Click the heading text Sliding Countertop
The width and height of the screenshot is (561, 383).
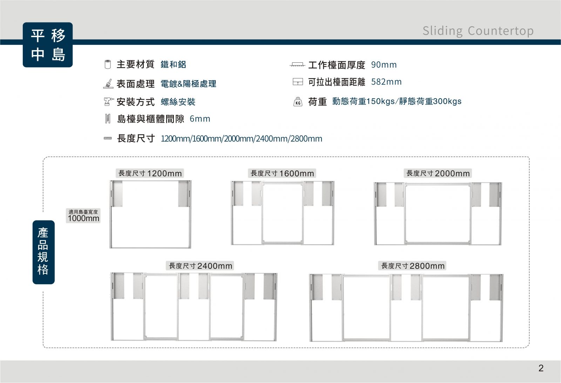coord(478,31)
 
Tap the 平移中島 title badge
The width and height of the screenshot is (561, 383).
coord(48,45)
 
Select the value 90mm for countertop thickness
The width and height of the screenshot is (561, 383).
coord(384,65)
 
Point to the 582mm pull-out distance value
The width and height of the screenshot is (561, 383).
coord(386,82)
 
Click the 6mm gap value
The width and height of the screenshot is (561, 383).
coord(200,119)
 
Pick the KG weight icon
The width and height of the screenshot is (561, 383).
coord(298,102)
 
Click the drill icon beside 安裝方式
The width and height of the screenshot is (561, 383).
coord(108,102)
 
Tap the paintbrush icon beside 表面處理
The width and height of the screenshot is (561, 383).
coord(108,84)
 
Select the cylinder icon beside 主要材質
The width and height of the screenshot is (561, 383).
coord(108,64)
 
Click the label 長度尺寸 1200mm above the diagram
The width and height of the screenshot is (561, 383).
coord(150,173)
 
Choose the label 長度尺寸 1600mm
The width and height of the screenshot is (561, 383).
coord(282,173)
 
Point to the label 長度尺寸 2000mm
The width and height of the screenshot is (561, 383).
coord(438,173)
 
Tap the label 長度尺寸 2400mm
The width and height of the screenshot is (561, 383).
coord(200,266)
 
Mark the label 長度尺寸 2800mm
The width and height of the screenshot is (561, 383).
coord(412,266)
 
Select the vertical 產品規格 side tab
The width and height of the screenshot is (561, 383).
coord(43,252)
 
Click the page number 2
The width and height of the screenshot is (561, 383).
coord(541,368)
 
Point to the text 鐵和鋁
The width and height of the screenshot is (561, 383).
coord(173,64)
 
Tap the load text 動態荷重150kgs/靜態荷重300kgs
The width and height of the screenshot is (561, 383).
coord(397,101)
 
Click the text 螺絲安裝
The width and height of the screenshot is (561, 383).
coord(178,102)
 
